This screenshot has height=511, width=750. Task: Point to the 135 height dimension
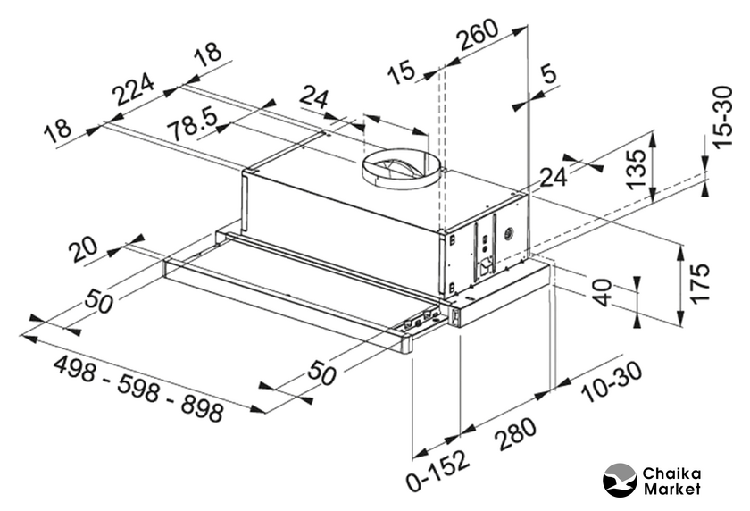point(636,168)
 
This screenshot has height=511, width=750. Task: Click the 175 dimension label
point(702,282)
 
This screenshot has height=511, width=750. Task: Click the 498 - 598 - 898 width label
point(138,389)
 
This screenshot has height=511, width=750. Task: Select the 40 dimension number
point(604,293)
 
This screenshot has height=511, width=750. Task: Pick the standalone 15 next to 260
point(403,71)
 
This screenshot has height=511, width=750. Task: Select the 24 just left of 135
point(554,177)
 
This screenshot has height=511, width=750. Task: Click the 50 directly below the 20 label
point(99,302)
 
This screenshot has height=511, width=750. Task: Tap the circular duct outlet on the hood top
point(400,168)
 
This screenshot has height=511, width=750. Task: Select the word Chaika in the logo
point(671,473)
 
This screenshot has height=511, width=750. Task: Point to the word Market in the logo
point(672,489)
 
